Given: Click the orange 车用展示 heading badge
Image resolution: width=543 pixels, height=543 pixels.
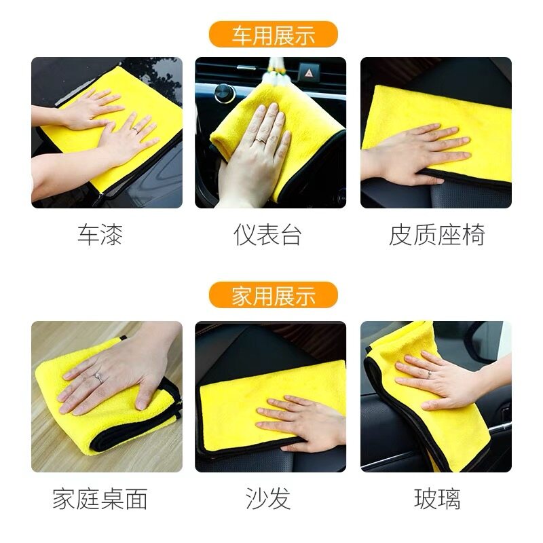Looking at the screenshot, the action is click(274, 35).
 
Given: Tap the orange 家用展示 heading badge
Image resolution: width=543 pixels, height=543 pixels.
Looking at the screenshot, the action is click(274, 295).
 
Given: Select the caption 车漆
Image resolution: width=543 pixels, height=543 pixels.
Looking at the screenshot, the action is click(100, 235).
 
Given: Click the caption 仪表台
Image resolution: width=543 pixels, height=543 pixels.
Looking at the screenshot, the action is click(267, 235).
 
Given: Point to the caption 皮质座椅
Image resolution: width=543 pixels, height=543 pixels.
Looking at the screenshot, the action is click(436, 235).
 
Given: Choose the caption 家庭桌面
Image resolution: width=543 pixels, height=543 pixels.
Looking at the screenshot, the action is click(100, 499).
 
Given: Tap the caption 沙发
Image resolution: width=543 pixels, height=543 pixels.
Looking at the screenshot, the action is click(268, 499).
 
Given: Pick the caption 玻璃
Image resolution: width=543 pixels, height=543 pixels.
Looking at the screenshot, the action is click(437, 499).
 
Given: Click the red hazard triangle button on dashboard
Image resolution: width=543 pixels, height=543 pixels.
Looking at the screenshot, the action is click(308, 73).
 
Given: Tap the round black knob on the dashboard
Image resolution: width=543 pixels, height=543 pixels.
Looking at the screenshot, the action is click(224, 93).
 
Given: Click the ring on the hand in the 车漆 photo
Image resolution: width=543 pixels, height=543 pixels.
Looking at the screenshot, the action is click(135, 130).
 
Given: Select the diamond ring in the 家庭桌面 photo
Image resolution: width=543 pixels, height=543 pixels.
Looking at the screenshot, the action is click(98, 378).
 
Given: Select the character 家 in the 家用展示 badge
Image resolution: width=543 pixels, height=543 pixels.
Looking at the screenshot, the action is click(242, 295).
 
